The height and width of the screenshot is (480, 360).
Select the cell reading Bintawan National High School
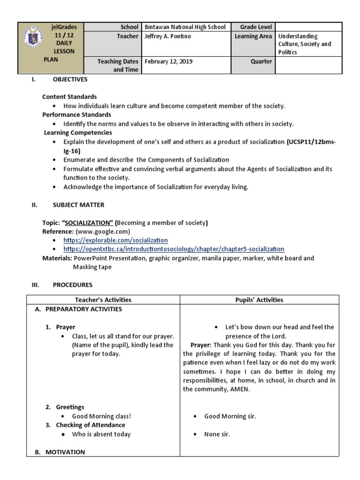185,27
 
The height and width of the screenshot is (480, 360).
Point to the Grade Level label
256,27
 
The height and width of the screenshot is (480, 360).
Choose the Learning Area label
253,36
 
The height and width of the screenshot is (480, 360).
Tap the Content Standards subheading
69,97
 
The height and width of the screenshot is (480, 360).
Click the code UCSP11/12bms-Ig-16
311,142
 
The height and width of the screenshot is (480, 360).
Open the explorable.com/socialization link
115,240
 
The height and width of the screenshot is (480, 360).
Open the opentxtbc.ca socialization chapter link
173,249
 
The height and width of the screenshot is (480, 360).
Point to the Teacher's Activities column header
103,300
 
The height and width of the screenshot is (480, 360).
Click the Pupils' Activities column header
258,300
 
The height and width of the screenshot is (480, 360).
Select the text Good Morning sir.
230,416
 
